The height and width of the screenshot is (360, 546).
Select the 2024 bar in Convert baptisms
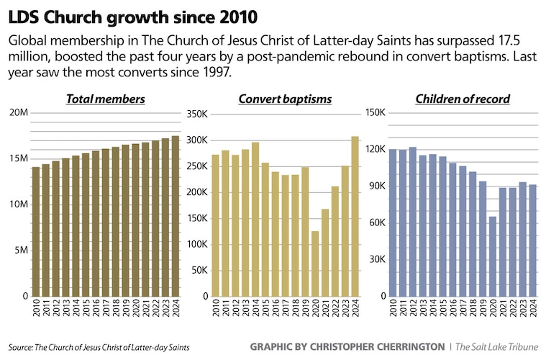tap(355, 216)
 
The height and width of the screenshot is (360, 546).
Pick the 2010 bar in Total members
tap(36, 231)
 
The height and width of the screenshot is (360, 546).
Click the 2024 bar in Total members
tap(176, 216)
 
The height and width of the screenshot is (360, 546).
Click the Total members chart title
tap(105, 99)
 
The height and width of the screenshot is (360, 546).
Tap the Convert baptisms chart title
tap(284, 99)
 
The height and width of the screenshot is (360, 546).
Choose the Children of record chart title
tap(463, 99)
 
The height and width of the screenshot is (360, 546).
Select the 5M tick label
tap(19, 250)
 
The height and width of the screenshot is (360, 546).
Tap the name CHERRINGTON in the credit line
tap(409, 347)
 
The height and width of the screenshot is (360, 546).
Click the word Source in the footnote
tap(20, 347)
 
